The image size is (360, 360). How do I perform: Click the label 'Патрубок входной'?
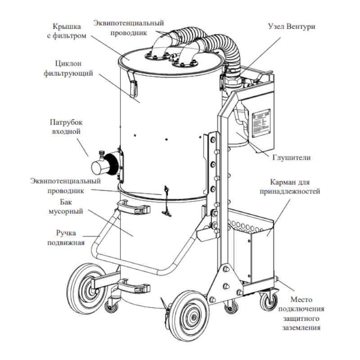(x=66, y=126)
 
